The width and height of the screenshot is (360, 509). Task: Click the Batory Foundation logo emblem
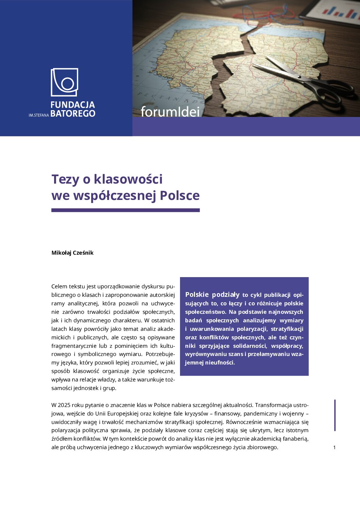click(x=64, y=82)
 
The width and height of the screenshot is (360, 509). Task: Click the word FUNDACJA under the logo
click(x=72, y=105)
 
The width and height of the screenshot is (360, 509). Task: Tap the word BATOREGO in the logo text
click(x=73, y=114)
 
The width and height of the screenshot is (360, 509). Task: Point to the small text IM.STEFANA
click(x=39, y=115)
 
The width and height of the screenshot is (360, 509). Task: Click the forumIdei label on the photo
click(x=170, y=112)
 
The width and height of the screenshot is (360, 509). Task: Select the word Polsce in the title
click(x=180, y=196)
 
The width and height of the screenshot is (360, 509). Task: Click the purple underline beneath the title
click(x=125, y=210)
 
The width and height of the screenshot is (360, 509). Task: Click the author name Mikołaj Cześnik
click(x=72, y=253)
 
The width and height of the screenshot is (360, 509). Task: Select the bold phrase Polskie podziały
click(x=212, y=294)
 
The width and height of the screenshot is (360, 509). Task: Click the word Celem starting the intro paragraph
click(x=59, y=286)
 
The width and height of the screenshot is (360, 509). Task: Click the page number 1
click(x=334, y=447)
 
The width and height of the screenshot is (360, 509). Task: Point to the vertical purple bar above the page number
click(x=335, y=415)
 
